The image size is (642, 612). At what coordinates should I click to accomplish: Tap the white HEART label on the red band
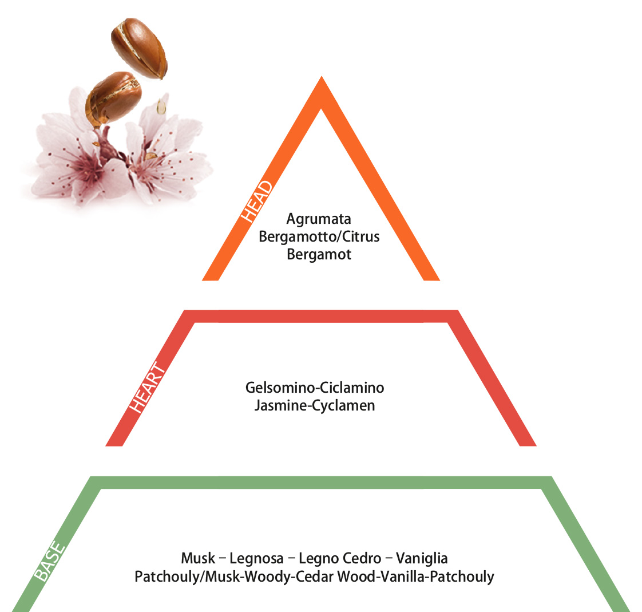[148, 387]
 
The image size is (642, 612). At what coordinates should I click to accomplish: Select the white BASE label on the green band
[50, 561]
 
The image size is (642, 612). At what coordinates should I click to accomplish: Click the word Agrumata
[319, 219]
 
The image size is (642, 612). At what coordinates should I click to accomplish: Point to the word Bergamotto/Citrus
[319, 237]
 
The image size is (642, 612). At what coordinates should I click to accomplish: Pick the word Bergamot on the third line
[319, 254]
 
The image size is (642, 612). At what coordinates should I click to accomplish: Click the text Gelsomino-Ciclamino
[315, 388]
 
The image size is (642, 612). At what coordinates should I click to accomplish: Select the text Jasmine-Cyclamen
[315, 405]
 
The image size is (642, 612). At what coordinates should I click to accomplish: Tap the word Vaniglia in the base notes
[422, 558]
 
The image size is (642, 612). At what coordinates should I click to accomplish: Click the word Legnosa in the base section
[256, 558]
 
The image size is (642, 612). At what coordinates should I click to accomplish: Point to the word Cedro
[362, 558]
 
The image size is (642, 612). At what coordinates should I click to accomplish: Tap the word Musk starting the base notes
[198, 558]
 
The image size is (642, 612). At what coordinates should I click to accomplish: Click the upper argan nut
[139, 48]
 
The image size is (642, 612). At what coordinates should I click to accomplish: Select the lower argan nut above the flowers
[113, 98]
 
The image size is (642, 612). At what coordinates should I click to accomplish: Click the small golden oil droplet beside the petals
[161, 106]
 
